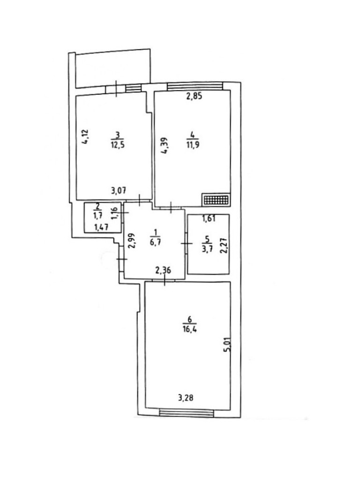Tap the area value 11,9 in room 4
pos(190,145)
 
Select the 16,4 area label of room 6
pos(190,329)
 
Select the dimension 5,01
pos(226,352)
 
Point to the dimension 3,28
pos(186,399)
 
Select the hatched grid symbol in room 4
pos(216,200)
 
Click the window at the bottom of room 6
pos(186,412)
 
